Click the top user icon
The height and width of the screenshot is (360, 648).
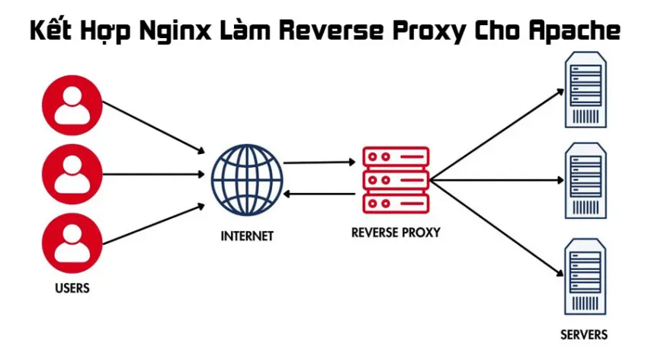(72, 104)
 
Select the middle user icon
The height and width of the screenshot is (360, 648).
(72, 172)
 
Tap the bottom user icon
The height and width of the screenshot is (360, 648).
(72, 241)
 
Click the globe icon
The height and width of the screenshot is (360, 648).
(247, 180)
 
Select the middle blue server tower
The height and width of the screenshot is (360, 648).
(585, 181)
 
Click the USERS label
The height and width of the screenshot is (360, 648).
(72, 288)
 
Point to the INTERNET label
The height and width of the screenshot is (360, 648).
(247, 236)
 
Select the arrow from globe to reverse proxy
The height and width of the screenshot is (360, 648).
(320, 162)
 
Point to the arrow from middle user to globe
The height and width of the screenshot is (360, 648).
(152, 173)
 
